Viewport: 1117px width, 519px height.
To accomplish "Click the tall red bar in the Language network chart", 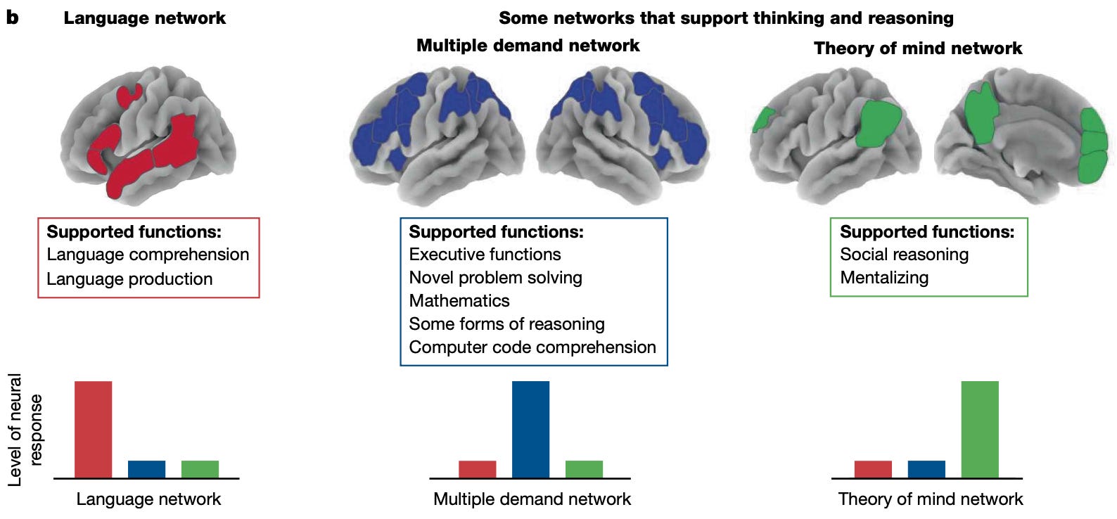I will (93, 429).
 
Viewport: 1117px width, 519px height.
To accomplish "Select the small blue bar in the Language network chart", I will (146, 469).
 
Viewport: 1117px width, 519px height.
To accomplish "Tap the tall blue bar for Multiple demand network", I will (530, 429).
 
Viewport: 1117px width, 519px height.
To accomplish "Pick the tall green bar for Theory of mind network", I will (979, 429).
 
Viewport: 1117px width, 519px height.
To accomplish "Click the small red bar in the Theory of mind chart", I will (873, 469).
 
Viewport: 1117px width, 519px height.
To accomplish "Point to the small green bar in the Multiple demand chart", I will (584, 469).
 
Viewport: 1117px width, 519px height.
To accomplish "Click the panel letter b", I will (12, 18).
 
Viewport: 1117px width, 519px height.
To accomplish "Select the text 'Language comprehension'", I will (148, 255).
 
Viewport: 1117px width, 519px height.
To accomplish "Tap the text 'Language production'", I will (129, 279).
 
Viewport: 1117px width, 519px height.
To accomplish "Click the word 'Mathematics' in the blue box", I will (459, 301).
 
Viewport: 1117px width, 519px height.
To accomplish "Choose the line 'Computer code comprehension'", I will (532, 347).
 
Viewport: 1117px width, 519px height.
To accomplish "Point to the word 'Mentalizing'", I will (884, 278).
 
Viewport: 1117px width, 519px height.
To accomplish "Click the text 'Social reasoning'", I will (904, 255).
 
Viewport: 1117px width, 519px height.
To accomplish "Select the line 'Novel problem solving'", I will (495, 278).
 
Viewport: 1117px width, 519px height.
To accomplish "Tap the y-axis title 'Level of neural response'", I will (25, 430).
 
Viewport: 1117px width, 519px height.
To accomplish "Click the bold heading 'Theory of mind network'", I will (918, 48).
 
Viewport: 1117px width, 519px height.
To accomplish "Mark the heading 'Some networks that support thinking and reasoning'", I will (726, 18).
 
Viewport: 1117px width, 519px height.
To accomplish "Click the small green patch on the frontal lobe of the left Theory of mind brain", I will (762, 119).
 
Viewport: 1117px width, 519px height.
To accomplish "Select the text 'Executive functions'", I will (485, 255).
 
